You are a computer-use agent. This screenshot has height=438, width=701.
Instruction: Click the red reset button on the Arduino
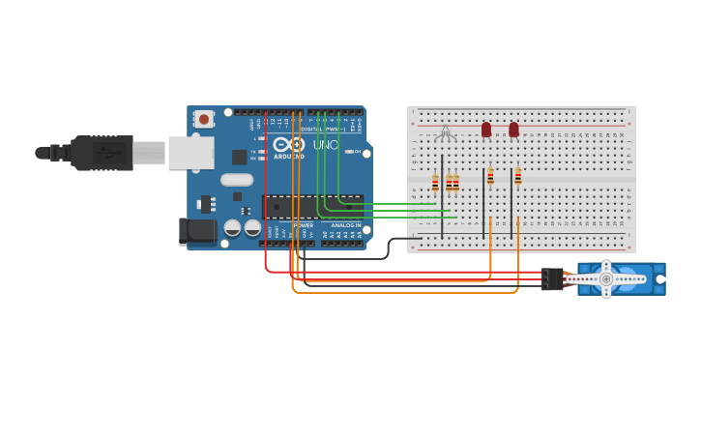coord(203,119)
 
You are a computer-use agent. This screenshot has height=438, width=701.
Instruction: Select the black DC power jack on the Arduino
coord(198,230)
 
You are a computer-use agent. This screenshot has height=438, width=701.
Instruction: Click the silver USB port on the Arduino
coord(190,153)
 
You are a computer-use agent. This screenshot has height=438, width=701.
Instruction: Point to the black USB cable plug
coord(102,153)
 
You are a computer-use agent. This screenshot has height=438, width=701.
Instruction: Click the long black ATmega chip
coord(311,207)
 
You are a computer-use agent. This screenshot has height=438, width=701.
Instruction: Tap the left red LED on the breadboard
coord(486,130)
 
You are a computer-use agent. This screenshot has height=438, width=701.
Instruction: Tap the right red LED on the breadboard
coord(513,130)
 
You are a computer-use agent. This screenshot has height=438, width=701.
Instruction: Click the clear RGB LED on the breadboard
coord(445,132)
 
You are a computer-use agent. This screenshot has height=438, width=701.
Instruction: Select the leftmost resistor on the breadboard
coord(435,182)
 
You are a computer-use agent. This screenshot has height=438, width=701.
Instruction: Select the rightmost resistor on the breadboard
coord(518,176)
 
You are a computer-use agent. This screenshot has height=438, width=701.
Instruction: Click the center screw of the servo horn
coord(606,279)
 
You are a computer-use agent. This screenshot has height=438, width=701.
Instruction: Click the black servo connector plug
coord(552,279)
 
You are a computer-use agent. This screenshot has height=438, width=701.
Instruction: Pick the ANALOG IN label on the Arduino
coord(346,225)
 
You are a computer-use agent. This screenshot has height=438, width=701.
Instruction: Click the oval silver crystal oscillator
coord(237,180)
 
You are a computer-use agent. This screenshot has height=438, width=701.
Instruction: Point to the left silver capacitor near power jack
coord(233,228)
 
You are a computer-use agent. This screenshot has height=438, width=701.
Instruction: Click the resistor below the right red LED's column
coord(518,176)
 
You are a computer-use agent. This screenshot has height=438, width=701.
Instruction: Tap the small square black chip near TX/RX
coord(239,157)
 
